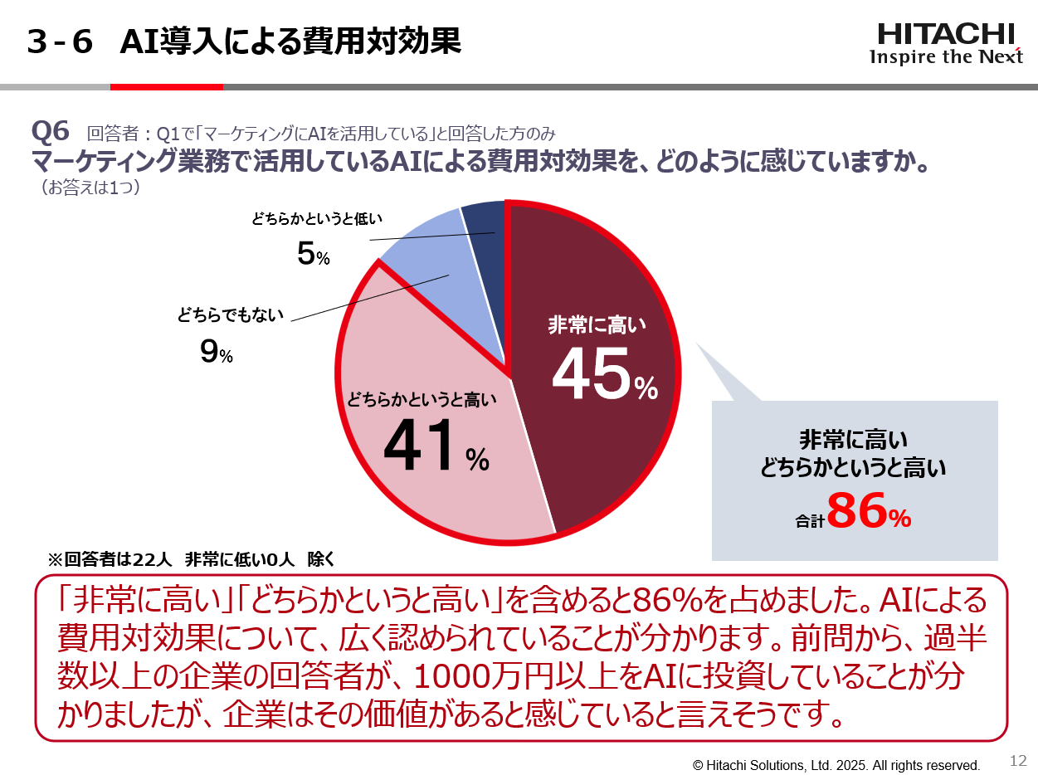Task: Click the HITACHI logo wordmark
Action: [946, 34]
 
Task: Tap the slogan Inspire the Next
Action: [946, 56]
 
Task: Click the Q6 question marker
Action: [50, 131]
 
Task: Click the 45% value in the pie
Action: [603, 376]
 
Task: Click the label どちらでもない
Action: [230, 314]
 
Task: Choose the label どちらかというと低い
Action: [317, 219]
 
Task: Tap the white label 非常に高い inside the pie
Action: [597, 325]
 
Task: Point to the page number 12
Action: [1018, 761]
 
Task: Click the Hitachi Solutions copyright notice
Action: [836, 765]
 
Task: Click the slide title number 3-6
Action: [59, 41]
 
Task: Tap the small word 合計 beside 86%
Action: [808, 521]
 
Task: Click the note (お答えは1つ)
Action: [90, 188]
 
